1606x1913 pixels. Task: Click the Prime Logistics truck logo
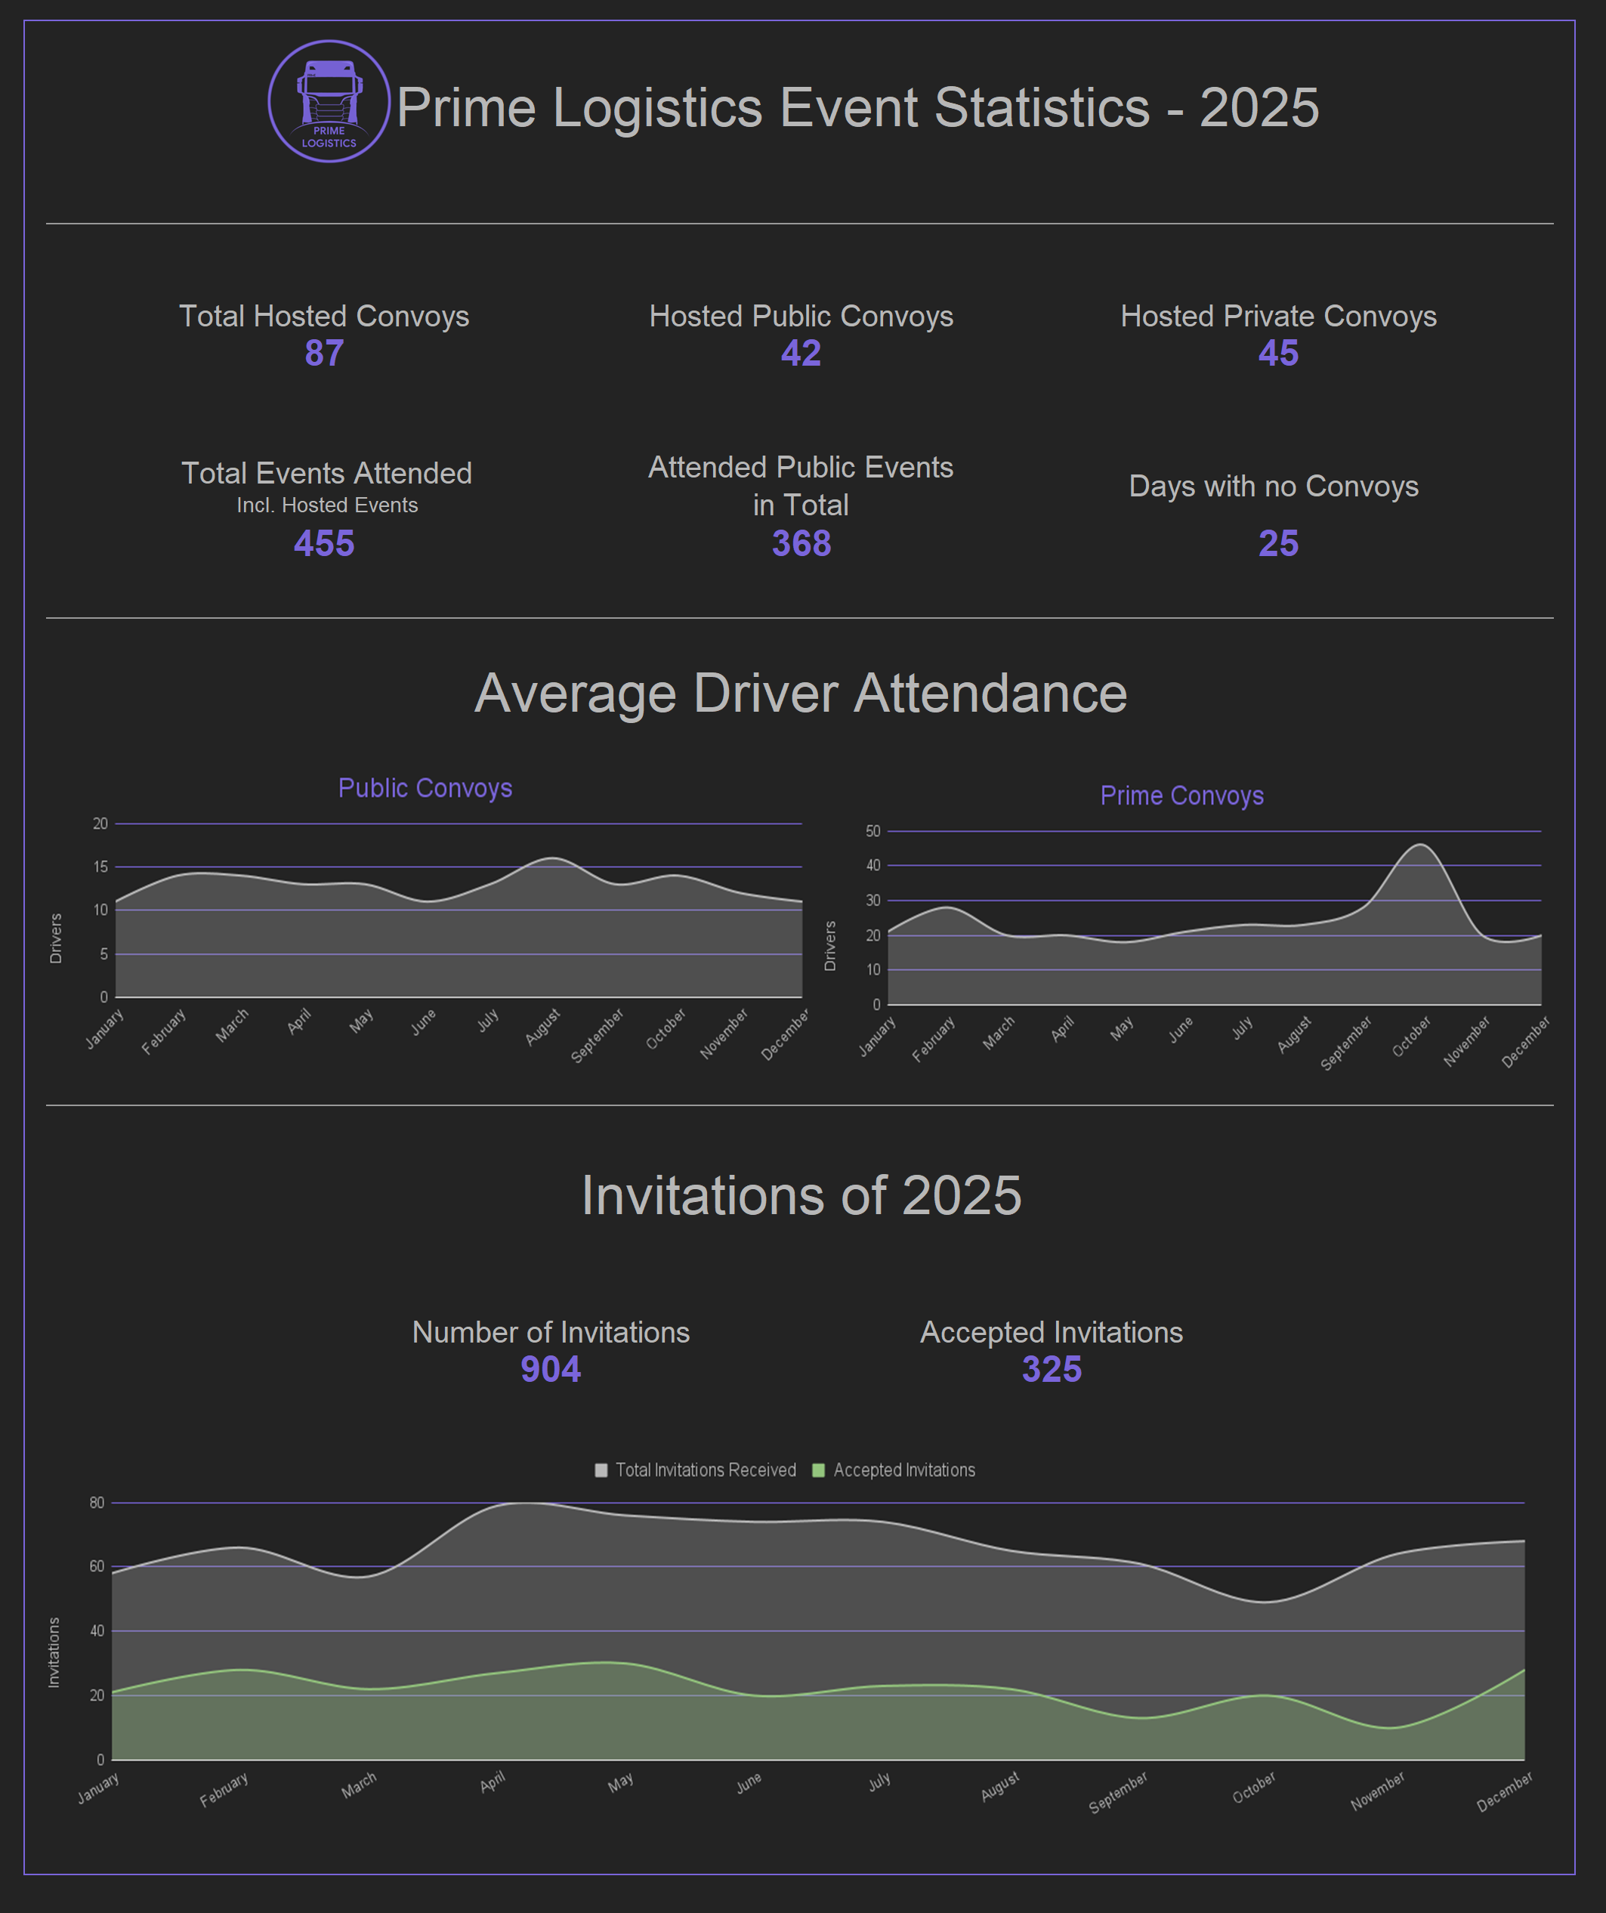329,101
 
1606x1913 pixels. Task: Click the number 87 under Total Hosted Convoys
323,354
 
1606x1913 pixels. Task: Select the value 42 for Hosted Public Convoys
801,354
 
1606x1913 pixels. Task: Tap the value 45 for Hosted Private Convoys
1278,354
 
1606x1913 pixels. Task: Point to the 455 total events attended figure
323,544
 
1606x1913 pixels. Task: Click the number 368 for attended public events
801,544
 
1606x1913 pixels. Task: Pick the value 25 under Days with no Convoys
1278,544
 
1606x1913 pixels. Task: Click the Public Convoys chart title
425,788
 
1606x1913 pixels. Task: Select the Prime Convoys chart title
1181,796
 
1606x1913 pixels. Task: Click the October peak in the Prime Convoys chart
1421,845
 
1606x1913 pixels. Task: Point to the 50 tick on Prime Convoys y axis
872,831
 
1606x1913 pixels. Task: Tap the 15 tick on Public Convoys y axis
100,867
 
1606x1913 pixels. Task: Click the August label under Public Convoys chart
543,1027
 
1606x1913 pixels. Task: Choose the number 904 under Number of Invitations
550,1369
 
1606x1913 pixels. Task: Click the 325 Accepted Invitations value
1052,1369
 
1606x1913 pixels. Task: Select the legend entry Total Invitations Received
705,1470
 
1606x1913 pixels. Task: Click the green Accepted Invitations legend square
818,1470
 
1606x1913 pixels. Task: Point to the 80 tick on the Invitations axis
97,1503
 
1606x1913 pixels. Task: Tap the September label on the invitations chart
1118,1792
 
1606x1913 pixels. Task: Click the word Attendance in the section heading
990,694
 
